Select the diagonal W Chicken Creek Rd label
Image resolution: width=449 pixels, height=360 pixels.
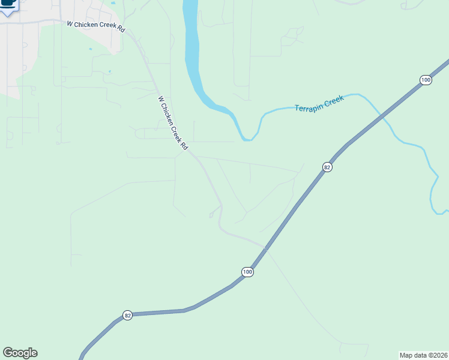coord(173,123)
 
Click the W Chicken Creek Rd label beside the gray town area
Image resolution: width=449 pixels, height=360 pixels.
coord(95,26)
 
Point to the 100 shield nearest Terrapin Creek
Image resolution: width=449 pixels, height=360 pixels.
coord(426,80)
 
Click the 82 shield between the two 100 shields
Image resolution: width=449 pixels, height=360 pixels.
coord(327,167)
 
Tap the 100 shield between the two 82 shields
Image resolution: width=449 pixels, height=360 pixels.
coord(248,272)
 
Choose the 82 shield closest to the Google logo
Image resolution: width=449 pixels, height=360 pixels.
coord(127,315)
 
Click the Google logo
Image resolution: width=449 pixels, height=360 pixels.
coord(20,353)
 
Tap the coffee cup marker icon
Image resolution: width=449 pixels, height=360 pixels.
coord(8,3)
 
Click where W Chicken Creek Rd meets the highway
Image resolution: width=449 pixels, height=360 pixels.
coord(264,247)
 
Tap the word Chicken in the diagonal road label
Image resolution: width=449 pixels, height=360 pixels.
coord(169,116)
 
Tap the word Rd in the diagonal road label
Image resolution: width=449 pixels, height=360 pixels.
coord(185,146)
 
